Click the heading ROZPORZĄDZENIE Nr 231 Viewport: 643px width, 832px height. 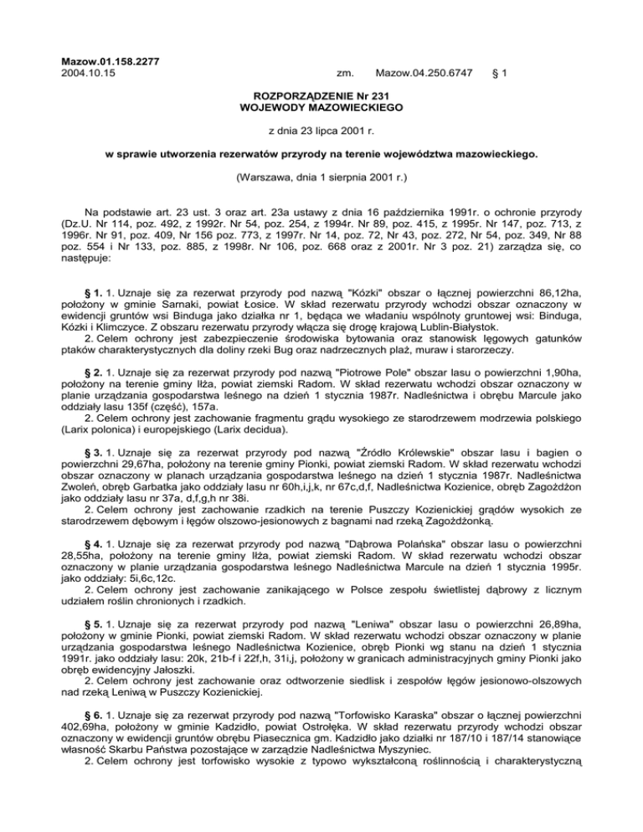pos(321,96)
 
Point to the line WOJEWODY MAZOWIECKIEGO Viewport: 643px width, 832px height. pos(321,108)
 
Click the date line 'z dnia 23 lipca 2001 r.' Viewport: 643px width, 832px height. pos(321,131)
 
